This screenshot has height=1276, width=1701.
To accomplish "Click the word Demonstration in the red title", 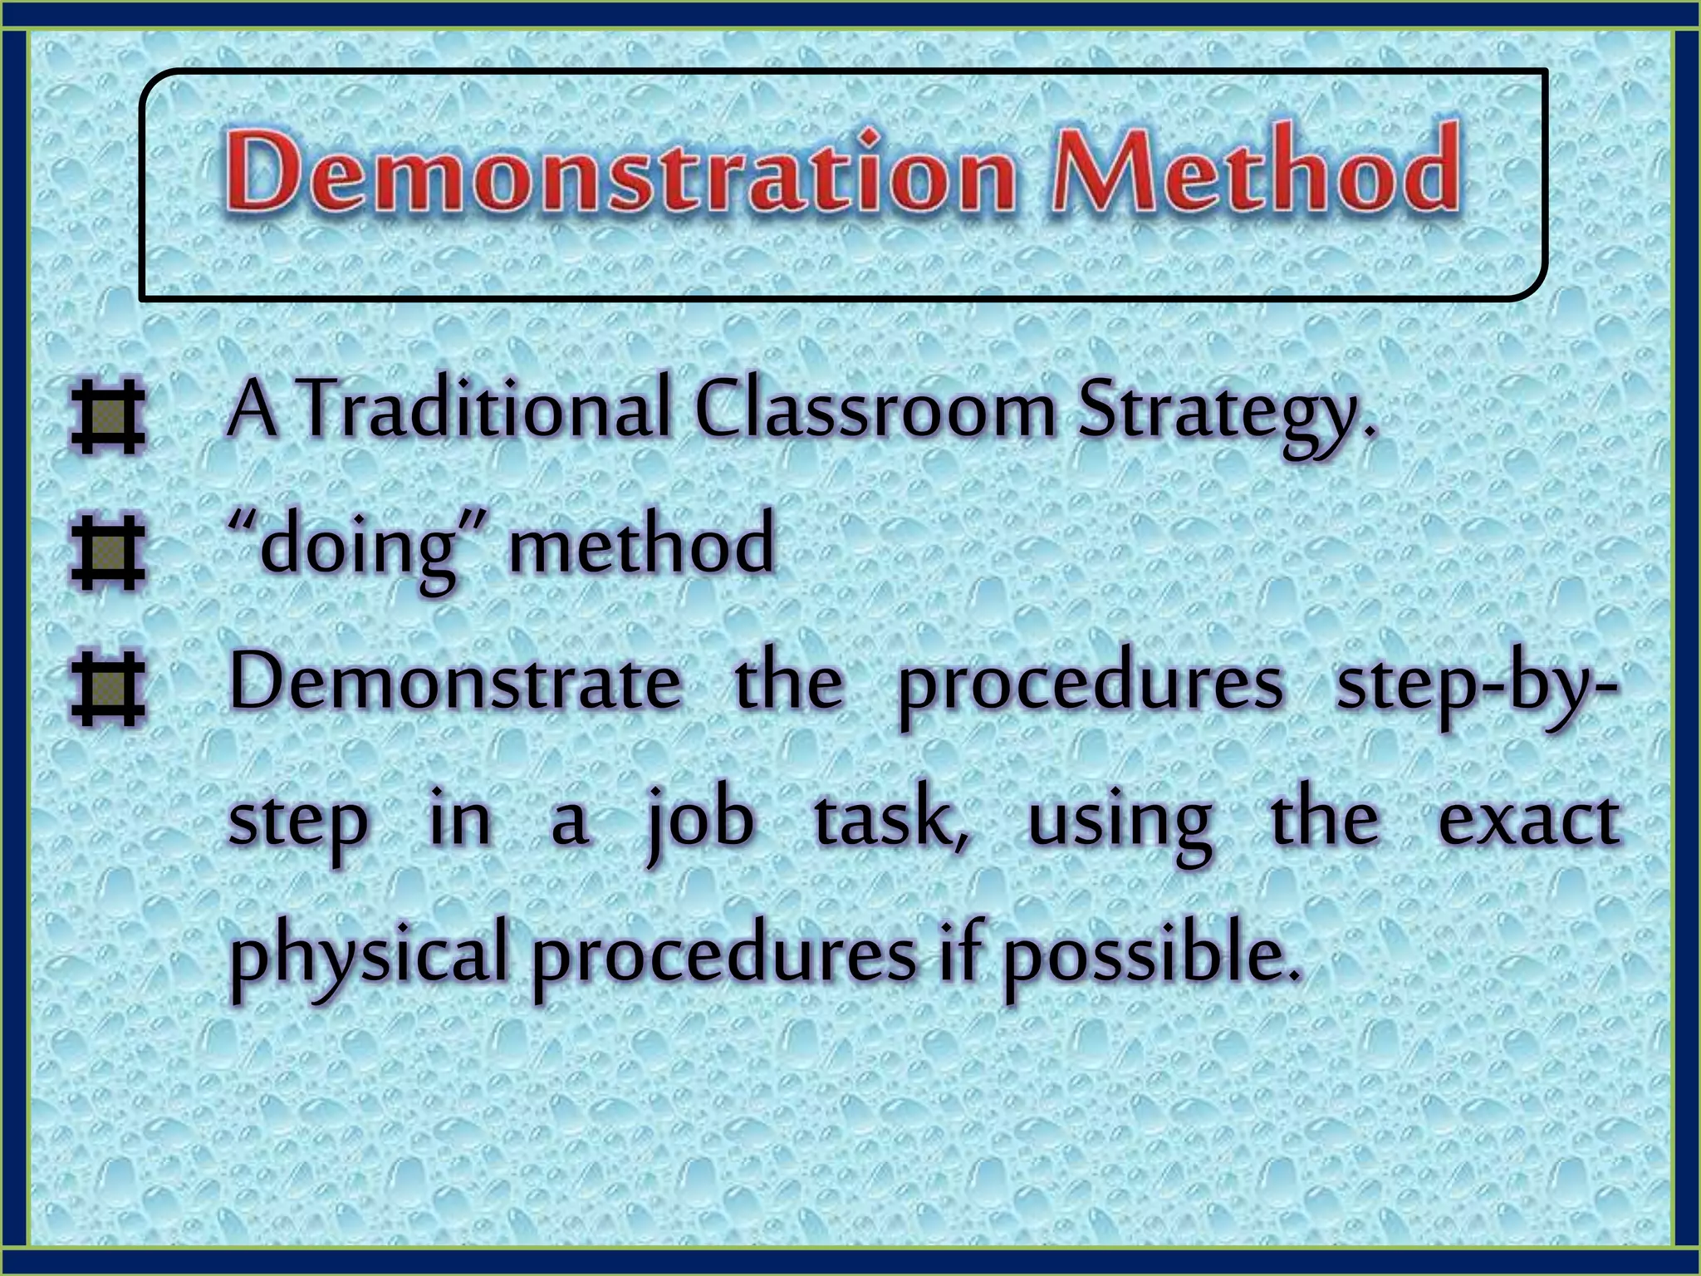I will click(619, 172).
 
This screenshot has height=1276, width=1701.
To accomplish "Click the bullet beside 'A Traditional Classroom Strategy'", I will click(108, 418).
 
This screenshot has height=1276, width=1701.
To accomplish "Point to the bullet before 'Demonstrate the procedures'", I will click(108, 689).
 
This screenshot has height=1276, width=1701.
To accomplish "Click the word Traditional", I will click(484, 410).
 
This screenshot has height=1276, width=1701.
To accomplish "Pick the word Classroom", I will click(875, 410).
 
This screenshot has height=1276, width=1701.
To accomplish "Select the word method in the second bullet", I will click(641, 545).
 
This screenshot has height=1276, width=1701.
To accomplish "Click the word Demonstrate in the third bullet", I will click(455, 682).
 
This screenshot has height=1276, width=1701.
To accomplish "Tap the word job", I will click(700, 822).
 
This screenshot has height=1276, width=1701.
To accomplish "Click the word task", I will click(889, 818).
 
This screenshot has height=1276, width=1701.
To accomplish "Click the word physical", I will click(368, 956).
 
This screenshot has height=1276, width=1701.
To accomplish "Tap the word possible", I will click(1149, 956).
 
